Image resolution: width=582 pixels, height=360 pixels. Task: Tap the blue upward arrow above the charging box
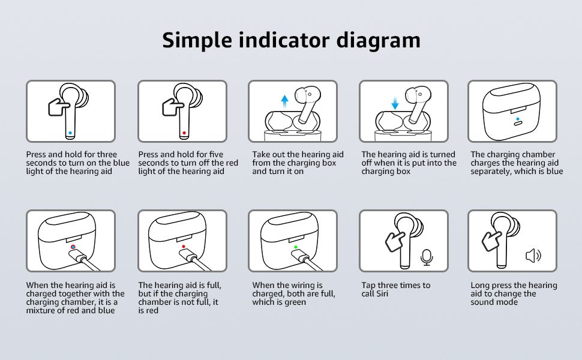tap(284, 100)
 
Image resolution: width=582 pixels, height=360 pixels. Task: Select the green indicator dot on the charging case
tap(295, 247)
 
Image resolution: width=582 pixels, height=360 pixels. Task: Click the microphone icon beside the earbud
tap(427, 257)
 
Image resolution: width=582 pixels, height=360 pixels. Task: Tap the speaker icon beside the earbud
tap(533, 256)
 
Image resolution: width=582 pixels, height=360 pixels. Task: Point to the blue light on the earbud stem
tap(71, 133)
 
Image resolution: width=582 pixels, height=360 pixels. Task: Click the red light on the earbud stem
tap(183, 133)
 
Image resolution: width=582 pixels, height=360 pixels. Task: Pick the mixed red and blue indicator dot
tap(73, 247)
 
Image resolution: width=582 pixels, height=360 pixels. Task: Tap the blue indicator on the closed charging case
tap(517, 119)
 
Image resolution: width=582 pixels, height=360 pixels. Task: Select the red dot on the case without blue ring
tap(183, 247)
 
